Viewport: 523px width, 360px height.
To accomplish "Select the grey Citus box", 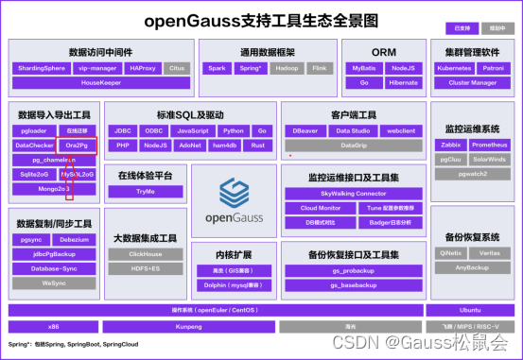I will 176,68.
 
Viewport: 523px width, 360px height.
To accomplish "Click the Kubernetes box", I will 453,68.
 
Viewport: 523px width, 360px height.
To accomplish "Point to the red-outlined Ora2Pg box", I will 77,146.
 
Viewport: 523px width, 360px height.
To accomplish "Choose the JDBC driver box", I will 123,130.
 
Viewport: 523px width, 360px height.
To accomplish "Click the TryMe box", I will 146,191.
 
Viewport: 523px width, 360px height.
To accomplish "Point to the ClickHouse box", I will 146,254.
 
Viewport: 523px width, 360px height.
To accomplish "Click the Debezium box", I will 75,240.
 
